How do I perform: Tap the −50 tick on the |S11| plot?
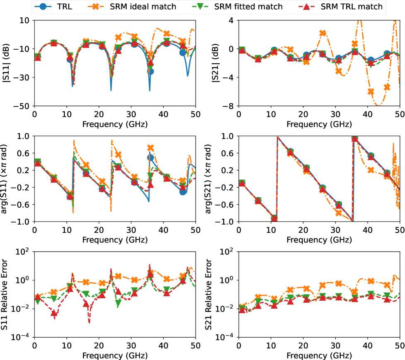click(x=24, y=106)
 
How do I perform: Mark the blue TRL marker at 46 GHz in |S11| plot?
click(x=183, y=53)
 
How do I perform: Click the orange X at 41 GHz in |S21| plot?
click(x=371, y=92)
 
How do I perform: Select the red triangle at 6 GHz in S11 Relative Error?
click(x=54, y=313)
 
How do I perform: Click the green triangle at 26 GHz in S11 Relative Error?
click(x=118, y=303)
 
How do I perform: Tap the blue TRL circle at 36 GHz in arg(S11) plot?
click(x=150, y=157)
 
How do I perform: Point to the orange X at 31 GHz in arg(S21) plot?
click(x=339, y=213)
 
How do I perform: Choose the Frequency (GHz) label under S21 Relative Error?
click(x=319, y=355)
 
